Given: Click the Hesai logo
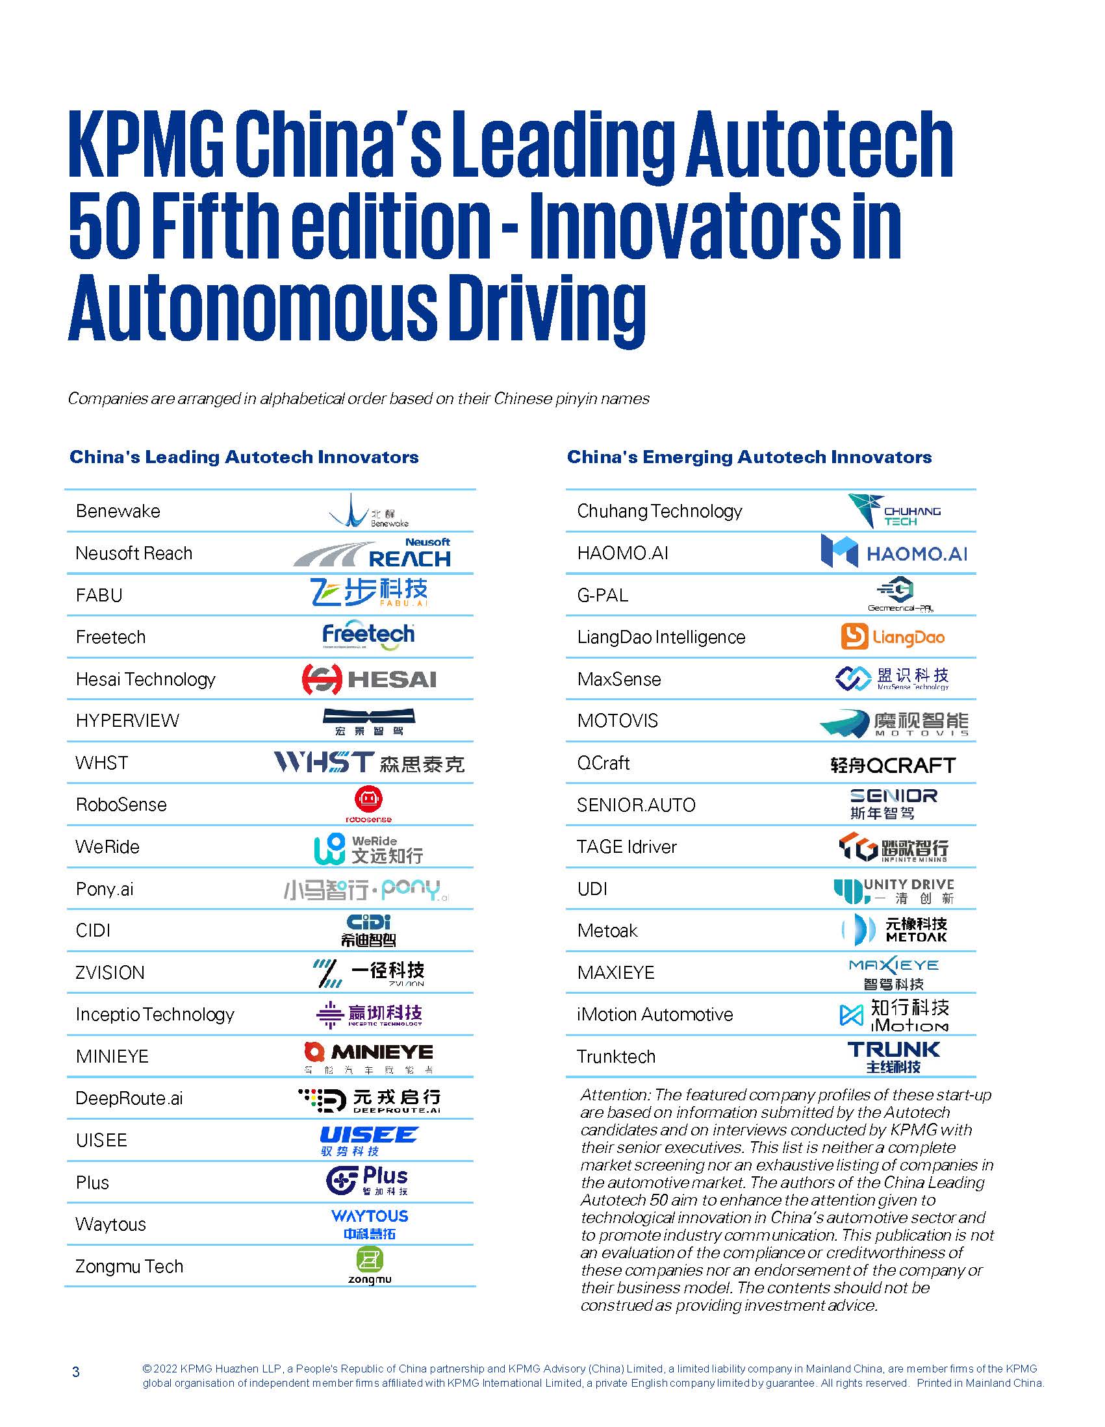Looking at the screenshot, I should pyautogui.click(x=368, y=679).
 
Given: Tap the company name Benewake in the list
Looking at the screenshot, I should pyautogui.click(x=118, y=511).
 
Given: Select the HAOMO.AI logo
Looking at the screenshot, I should pyautogui.click(x=893, y=553).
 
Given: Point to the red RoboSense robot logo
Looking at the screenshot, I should pyautogui.click(x=368, y=803).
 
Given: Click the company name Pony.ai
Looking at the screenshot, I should pyautogui.click(x=105, y=889).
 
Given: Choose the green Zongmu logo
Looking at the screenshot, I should pyautogui.click(x=369, y=1266).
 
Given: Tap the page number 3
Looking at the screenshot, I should pyautogui.click(x=76, y=1371).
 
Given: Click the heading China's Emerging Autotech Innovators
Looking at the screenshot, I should pyautogui.click(x=749, y=457).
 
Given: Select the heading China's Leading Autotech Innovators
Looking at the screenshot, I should pyautogui.click(x=244, y=457).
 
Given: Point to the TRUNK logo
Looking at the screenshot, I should pyautogui.click(x=893, y=1057).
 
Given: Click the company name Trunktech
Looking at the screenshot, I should pyautogui.click(x=616, y=1057).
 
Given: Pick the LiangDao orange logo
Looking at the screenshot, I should pyautogui.click(x=893, y=637).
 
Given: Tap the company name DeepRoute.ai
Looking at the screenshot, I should pyautogui.click(x=129, y=1098).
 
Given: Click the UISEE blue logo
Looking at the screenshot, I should pyautogui.click(x=368, y=1141).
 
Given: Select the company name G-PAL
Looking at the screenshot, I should pyautogui.click(x=602, y=595).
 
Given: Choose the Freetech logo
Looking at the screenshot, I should pyautogui.click(x=368, y=635).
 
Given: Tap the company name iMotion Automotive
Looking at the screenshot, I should pyautogui.click(x=655, y=1014).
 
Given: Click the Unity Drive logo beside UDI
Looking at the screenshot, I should pyautogui.click(x=893, y=890).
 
